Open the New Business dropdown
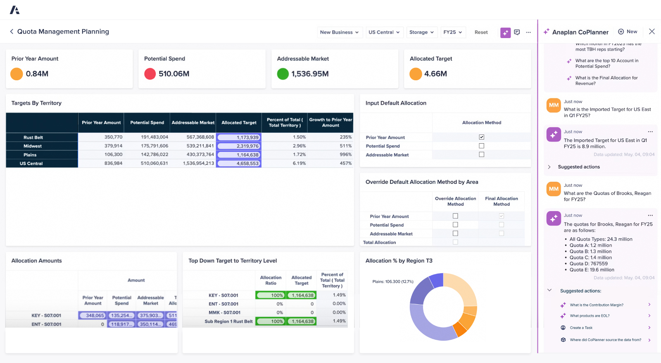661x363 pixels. tap(339, 32)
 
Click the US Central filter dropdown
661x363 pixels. tap(384, 32)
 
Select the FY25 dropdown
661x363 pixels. tap(452, 32)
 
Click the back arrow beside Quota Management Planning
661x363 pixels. tap(12, 31)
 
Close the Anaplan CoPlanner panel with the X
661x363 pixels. tap(652, 31)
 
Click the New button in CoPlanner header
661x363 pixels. tap(628, 31)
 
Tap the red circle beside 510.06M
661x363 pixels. tap(150, 74)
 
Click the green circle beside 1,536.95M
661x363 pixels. tap(283, 74)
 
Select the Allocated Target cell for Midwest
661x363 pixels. tap(239, 146)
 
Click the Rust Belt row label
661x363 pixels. tap(33, 137)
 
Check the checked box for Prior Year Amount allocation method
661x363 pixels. tap(481, 137)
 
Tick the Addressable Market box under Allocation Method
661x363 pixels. tap(481, 154)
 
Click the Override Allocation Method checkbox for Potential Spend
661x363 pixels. tap(455, 225)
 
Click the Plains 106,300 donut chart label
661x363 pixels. tap(392, 281)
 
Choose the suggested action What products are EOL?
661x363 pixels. tap(590, 316)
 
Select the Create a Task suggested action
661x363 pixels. tap(581, 328)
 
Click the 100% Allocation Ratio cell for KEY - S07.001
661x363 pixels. tap(271, 295)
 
